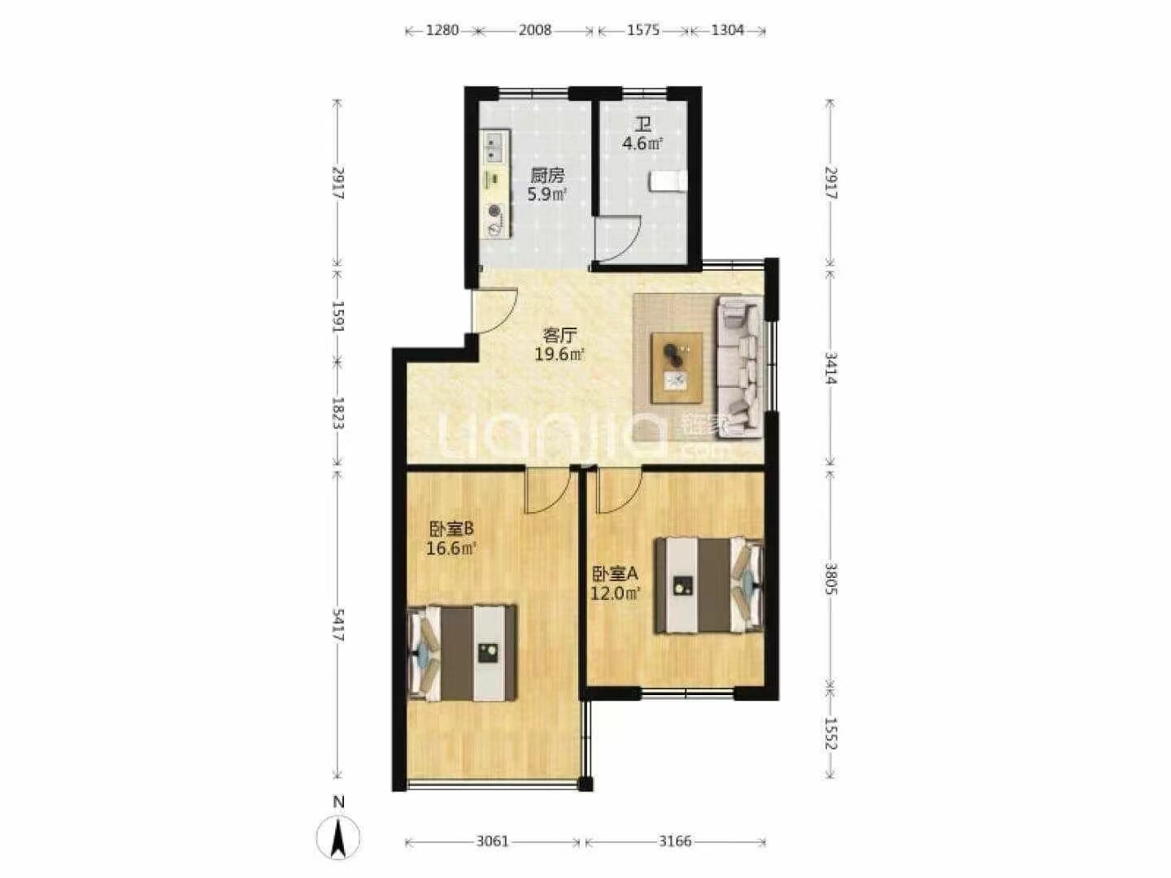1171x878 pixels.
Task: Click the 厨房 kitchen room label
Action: coord(546,176)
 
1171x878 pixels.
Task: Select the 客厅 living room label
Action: coord(560,335)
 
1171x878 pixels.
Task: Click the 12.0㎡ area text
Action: coord(615,593)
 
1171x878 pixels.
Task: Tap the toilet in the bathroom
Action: coord(668,180)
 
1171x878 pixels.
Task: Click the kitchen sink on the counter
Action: coord(120,148)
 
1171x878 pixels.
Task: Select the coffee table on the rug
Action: coord(677,367)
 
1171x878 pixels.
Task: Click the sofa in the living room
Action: coord(741,367)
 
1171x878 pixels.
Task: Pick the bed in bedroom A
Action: coord(710,585)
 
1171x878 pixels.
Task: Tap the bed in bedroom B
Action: coord(462,652)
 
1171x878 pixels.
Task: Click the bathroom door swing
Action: coord(619,237)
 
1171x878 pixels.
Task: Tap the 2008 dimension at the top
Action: coord(534,30)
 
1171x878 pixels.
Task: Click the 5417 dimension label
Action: coord(338,624)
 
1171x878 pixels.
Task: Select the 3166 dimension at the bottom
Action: coord(675,841)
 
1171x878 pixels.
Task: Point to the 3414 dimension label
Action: coord(831,367)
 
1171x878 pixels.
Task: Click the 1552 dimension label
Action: coord(831,732)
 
